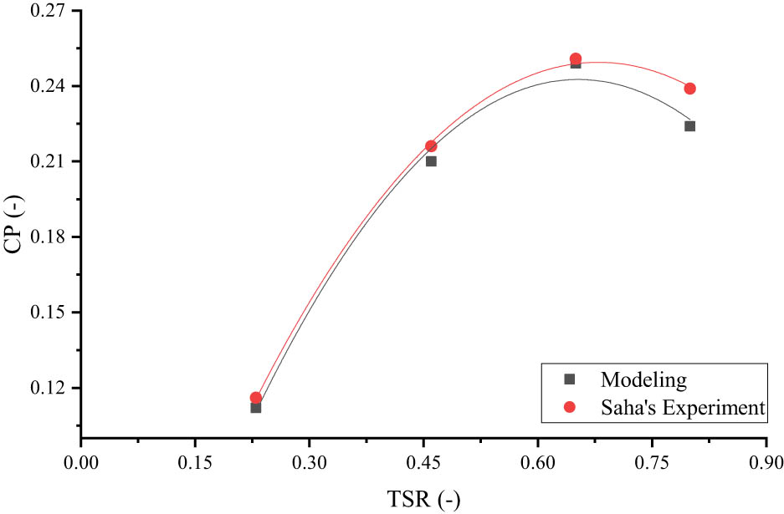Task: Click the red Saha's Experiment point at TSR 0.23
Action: (256, 398)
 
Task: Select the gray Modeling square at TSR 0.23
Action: (256, 408)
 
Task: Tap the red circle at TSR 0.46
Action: (431, 145)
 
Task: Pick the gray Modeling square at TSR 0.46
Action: (431, 161)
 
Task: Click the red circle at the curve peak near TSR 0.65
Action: (576, 59)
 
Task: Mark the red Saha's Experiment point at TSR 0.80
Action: (689, 89)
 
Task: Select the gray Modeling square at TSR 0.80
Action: (689, 126)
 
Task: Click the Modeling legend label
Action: (643, 379)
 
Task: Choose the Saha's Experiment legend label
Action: (682, 408)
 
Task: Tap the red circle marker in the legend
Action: (571, 407)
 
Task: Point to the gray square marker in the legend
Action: (571, 379)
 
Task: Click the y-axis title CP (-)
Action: (14, 222)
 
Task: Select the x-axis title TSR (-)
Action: (423, 500)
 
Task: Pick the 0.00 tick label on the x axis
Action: (80, 461)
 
